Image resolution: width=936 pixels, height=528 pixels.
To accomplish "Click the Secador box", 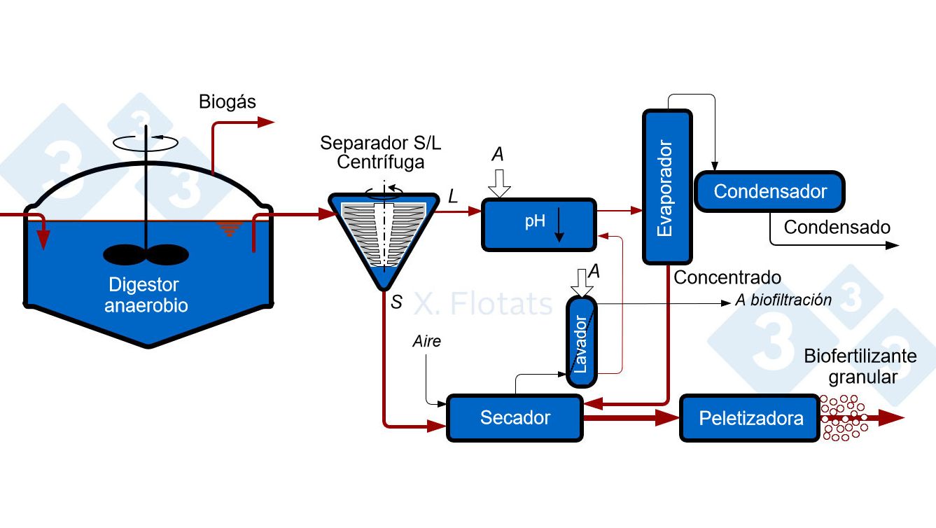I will pos(515,418).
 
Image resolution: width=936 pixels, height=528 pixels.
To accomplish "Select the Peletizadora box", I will pos(750,419).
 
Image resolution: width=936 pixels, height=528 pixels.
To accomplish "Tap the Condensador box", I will pos(769,191).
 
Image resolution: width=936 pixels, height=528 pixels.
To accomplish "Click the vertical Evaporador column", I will pos(666,187).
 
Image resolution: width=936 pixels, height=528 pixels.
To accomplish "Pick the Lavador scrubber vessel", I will pos(582,342).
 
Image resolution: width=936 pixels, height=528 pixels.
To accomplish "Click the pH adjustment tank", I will pos(538,225).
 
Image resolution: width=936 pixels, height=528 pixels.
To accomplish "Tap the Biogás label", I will pos(228,102).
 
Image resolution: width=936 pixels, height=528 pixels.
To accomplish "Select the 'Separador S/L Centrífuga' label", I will pos(381,152).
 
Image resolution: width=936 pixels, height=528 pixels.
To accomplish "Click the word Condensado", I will pos(837,228).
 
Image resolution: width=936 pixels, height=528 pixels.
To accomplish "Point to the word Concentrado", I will pos(727,278).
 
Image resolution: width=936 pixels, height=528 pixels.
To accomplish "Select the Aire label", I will pos(427,342).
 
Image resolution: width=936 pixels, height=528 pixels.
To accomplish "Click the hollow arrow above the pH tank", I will pos(499,183).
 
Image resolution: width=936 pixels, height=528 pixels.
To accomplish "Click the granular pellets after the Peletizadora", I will pos(844,418).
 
